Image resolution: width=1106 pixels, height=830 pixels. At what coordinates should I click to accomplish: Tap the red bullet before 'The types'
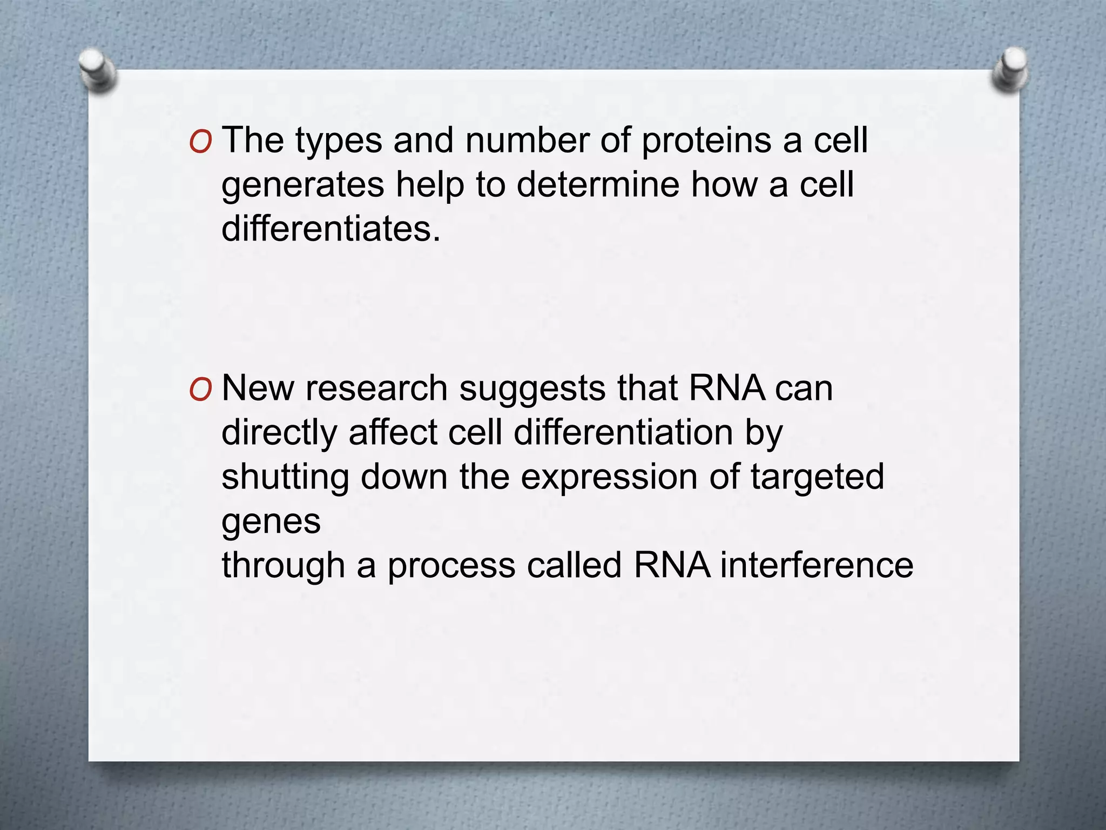coord(200,142)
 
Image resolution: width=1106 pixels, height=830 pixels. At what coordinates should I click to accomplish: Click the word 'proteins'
coord(706,142)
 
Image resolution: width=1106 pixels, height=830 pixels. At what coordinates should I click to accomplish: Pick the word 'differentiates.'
coord(331,229)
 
